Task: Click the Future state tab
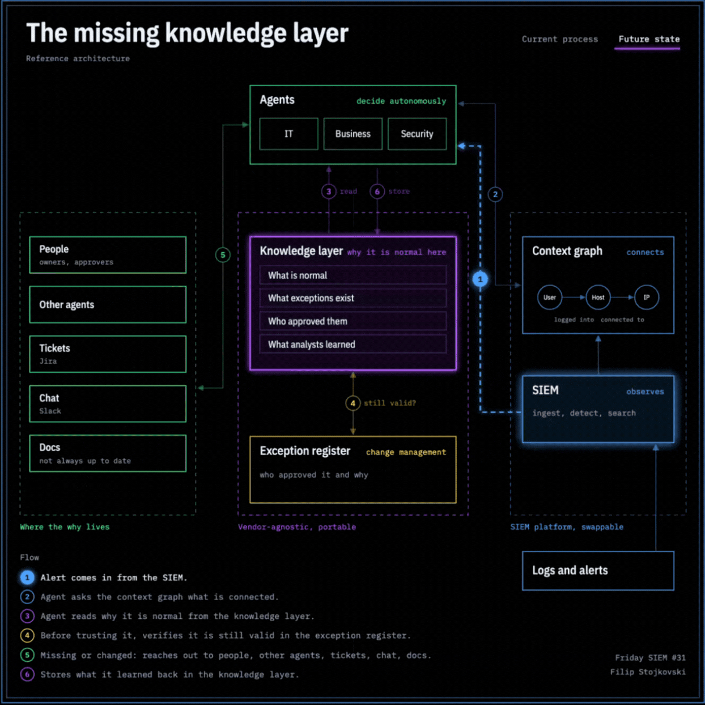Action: [649, 39]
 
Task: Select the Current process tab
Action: [560, 39]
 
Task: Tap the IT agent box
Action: [288, 134]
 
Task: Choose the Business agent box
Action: [353, 134]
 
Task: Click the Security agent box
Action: [417, 134]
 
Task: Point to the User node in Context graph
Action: [550, 297]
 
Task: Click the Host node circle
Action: [598, 297]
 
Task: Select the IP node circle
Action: [647, 297]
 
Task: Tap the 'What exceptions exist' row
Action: [353, 298]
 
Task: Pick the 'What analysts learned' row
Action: [353, 344]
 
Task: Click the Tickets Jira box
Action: [108, 354]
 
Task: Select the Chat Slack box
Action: [108, 404]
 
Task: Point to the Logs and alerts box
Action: [598, 571]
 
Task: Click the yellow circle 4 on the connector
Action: [353, 403]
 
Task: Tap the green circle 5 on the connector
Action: [223, 255]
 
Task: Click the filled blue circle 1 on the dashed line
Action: [480, 279]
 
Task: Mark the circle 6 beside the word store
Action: [377, 192]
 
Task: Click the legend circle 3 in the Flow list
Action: [27, 616]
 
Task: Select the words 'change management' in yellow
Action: [406, 452]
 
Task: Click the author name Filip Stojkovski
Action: [648, 672]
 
